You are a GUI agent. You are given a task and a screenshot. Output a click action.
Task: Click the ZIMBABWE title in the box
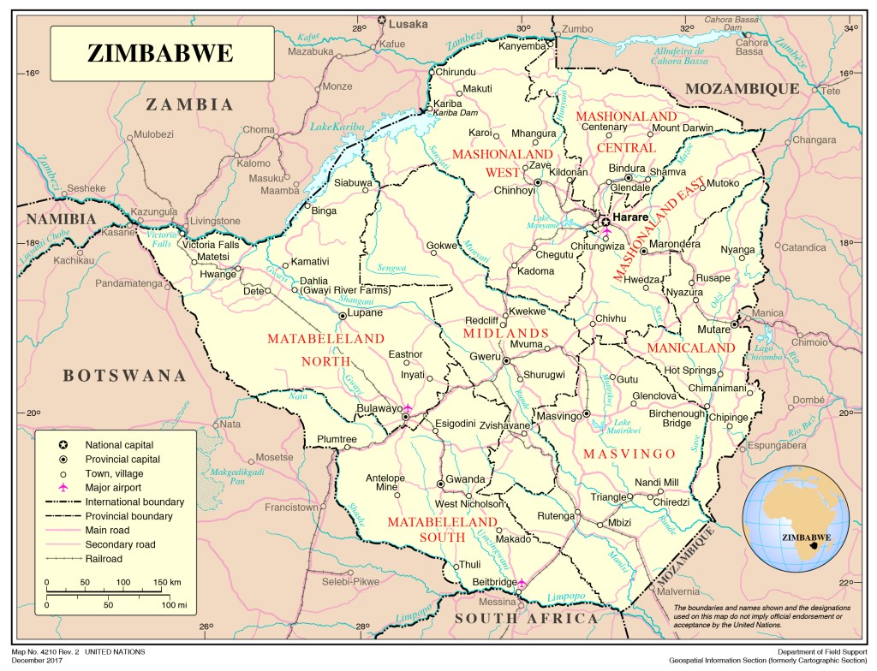[160, 53]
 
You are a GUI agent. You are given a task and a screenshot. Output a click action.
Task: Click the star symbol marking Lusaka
[382, 21]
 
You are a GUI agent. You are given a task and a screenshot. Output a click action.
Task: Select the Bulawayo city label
[379, 409]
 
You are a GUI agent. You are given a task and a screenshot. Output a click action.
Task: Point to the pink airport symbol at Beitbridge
[522, 584]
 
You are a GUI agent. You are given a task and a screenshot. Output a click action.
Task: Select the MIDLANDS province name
[505, 333]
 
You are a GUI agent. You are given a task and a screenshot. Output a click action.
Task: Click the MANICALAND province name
[691, 348]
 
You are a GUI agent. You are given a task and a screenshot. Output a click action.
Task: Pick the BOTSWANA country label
[124, 375]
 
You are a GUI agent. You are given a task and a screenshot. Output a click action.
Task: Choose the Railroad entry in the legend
[104, 559]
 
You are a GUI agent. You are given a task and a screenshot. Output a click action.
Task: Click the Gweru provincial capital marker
[506, 362]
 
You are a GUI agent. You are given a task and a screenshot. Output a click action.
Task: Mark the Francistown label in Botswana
[291, 507]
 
